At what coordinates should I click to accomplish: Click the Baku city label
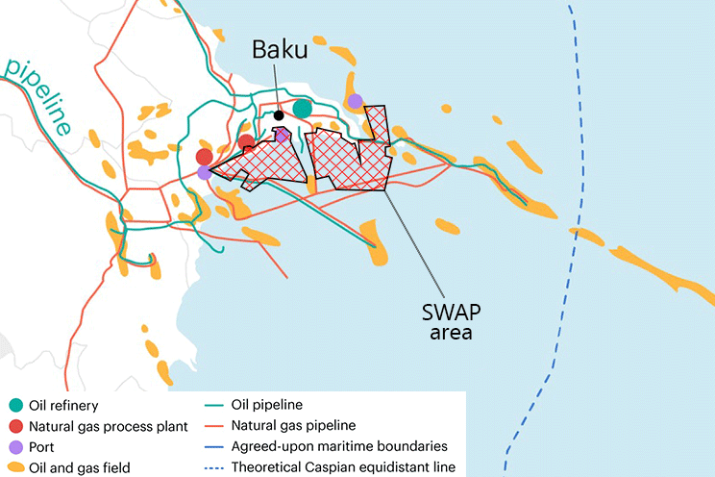click(281, 50)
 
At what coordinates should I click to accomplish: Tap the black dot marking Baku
click(279, 115)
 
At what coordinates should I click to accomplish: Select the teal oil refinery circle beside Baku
click(303, 108)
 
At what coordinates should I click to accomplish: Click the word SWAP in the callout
click(454, 314)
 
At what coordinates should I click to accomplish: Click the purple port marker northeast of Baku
click(356, 101)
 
